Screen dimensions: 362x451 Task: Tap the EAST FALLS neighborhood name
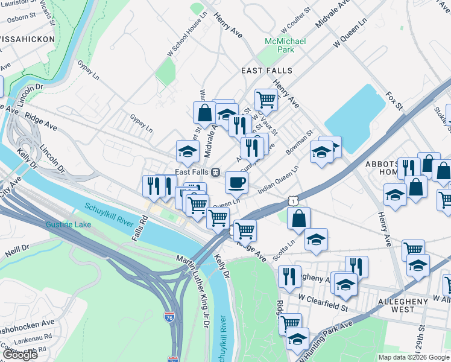click(266, 71)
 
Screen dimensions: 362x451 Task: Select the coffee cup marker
click(236, 181)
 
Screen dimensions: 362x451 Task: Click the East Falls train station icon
click(214, 172)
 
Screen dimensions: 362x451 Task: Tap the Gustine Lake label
click(68, 225)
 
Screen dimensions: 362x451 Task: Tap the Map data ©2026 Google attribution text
click(413, 357)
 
